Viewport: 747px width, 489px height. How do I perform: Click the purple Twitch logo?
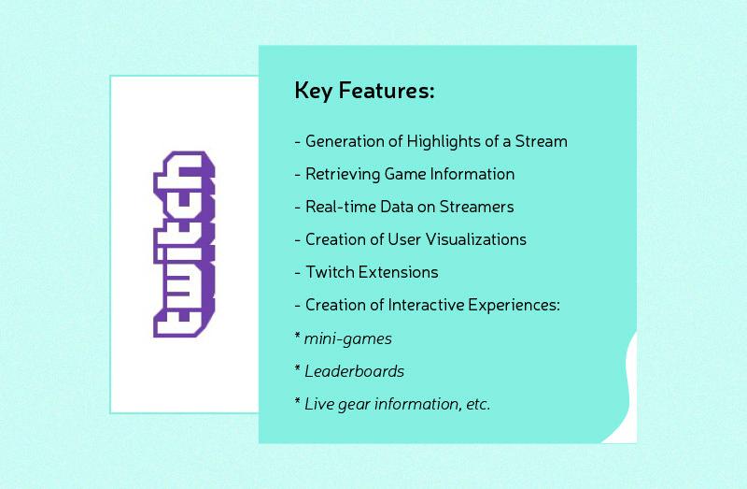(184, 244)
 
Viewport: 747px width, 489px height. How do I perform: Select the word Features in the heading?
(384, 92)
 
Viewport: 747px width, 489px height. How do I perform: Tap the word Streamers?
(477, 207)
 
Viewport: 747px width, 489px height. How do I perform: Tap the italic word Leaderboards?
(354, 371)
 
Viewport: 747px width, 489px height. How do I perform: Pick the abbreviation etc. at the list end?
(477, 404)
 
